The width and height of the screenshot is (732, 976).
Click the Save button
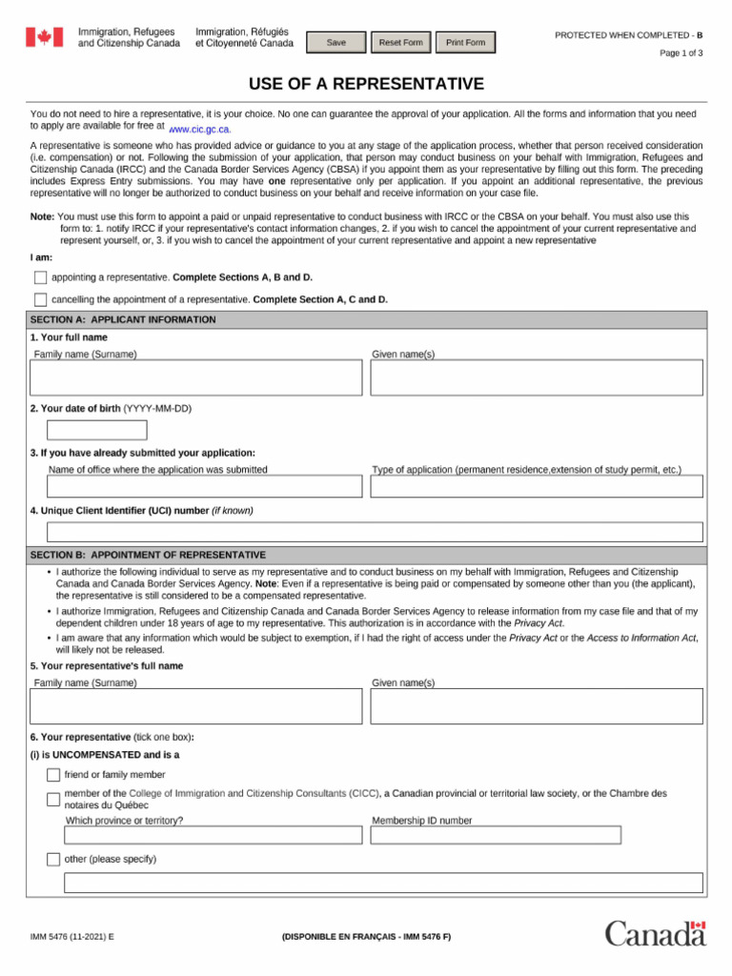335,43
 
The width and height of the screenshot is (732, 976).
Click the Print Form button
465,43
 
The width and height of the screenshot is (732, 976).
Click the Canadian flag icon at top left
43,37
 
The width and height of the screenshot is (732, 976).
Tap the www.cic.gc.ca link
200,129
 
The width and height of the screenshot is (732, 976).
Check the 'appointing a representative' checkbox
40,277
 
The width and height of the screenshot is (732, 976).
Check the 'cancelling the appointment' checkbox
40,299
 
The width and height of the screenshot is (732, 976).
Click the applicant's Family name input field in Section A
196,377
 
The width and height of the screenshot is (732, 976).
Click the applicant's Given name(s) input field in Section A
537,377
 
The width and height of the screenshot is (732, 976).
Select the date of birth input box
97,430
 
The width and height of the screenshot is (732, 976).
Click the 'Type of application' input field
537,486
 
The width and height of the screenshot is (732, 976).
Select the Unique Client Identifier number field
375,532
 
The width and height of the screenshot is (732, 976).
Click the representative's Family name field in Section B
196,706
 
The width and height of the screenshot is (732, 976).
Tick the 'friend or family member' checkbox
53,775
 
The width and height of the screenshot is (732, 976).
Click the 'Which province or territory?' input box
213,835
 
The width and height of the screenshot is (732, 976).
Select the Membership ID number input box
496,835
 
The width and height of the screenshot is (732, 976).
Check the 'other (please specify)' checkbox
53,860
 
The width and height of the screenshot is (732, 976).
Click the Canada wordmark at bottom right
655,933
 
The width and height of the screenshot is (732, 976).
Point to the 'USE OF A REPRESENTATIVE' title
366,84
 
